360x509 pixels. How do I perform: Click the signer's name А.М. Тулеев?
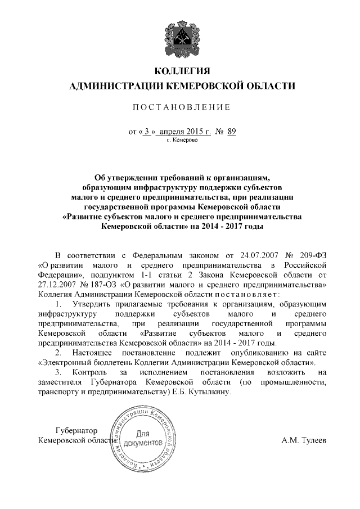[x=303, y=440]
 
